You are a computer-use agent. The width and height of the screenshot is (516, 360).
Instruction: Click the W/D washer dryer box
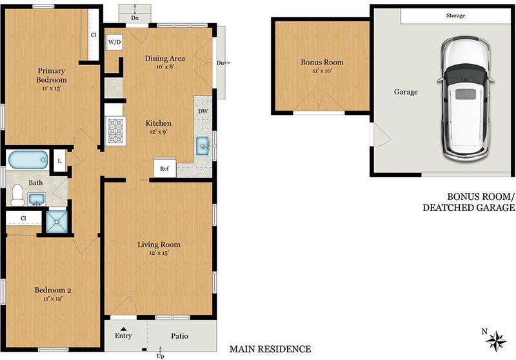tap(115, 42)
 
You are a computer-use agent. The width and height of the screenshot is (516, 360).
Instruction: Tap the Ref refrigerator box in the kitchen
tap(164, 168)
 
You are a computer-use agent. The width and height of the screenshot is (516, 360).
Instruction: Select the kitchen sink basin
tap(203, 146)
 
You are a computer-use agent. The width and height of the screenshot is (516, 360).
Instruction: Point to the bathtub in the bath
tap(28, 160)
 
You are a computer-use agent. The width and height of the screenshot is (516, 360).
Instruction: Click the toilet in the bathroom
tap(17, 195)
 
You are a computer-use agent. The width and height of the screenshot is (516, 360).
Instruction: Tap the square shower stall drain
tap(57, 222)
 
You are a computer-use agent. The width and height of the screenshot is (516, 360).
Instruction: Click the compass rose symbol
tap(496, 341)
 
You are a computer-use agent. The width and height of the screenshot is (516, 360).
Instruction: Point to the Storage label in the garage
tap(456, 15)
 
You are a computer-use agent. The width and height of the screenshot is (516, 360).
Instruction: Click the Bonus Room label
tap(322, 62)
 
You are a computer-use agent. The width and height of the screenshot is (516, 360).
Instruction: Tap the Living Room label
tap(159, 245)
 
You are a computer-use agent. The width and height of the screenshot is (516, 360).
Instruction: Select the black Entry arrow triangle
tap(123, 329)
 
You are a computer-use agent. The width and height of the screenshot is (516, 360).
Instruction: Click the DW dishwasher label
tap(203, 111)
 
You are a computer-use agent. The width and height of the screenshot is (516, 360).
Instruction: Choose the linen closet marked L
tap(59, 161)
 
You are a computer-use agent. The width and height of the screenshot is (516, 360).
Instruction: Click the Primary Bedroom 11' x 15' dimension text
tap(52, 88)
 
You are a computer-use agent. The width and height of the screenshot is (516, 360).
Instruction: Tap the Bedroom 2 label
tap(53, 290)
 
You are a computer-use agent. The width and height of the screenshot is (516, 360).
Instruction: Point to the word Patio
tap(180, 336)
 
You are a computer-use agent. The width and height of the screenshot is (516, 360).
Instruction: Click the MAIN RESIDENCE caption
tap(270, 349)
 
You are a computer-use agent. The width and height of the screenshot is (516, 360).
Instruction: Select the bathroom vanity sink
tap(37, 199)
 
